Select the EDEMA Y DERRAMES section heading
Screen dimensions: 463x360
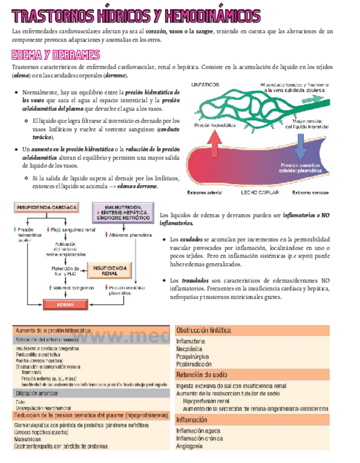(55, 55)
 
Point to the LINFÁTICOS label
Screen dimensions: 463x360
(206, 85)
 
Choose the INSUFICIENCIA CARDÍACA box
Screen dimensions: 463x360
(46, 207)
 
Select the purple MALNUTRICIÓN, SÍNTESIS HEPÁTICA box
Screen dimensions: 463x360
(124, 211)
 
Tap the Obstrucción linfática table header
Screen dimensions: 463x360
(203, 330)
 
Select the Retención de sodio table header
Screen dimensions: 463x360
(200, 375)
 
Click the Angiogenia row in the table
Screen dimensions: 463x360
(189, 446)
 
